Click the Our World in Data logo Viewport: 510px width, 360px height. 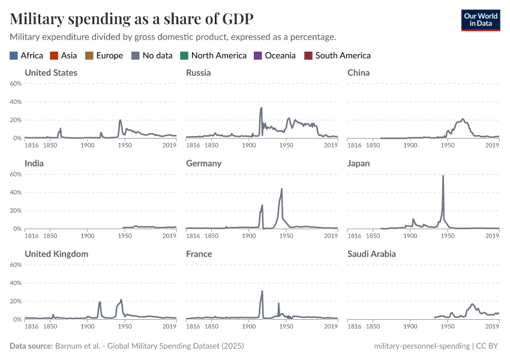[480, 20]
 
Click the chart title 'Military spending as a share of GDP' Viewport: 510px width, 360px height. [131, 19]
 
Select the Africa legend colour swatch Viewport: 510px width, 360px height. [14, 56]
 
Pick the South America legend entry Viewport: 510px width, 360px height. [343, 56]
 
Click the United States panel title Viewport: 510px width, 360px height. [51, 73]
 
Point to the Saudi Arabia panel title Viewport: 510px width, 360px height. [371, 254]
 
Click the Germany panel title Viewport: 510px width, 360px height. [203, 163]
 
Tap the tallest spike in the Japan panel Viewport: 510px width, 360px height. [443, 176]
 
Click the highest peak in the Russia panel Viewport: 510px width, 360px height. [261, 108]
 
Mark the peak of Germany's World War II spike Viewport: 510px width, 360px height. [281, 189]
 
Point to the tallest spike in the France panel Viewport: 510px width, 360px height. [262, 291]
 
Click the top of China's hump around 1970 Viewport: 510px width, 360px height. [463, 119]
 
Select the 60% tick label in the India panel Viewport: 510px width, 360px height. [16, 174]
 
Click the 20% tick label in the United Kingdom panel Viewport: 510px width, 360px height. [16, 301]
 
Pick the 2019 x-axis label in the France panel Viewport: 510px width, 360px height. [331, 326]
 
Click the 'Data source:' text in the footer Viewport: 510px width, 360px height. [31, 346]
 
